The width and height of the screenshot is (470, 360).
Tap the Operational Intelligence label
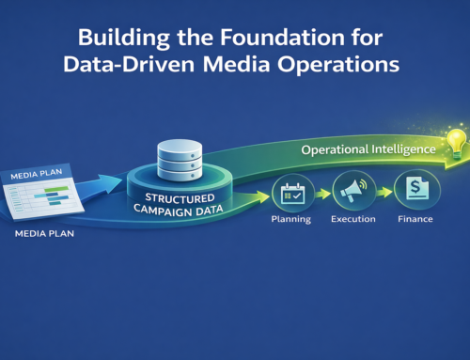coord(368,149)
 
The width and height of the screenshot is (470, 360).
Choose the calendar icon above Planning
coord(290,194)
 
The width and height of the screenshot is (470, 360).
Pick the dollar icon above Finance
coord(413,192)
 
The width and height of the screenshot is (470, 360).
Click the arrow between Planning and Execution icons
coord(321,194)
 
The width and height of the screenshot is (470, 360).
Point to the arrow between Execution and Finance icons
coord(383,194)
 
